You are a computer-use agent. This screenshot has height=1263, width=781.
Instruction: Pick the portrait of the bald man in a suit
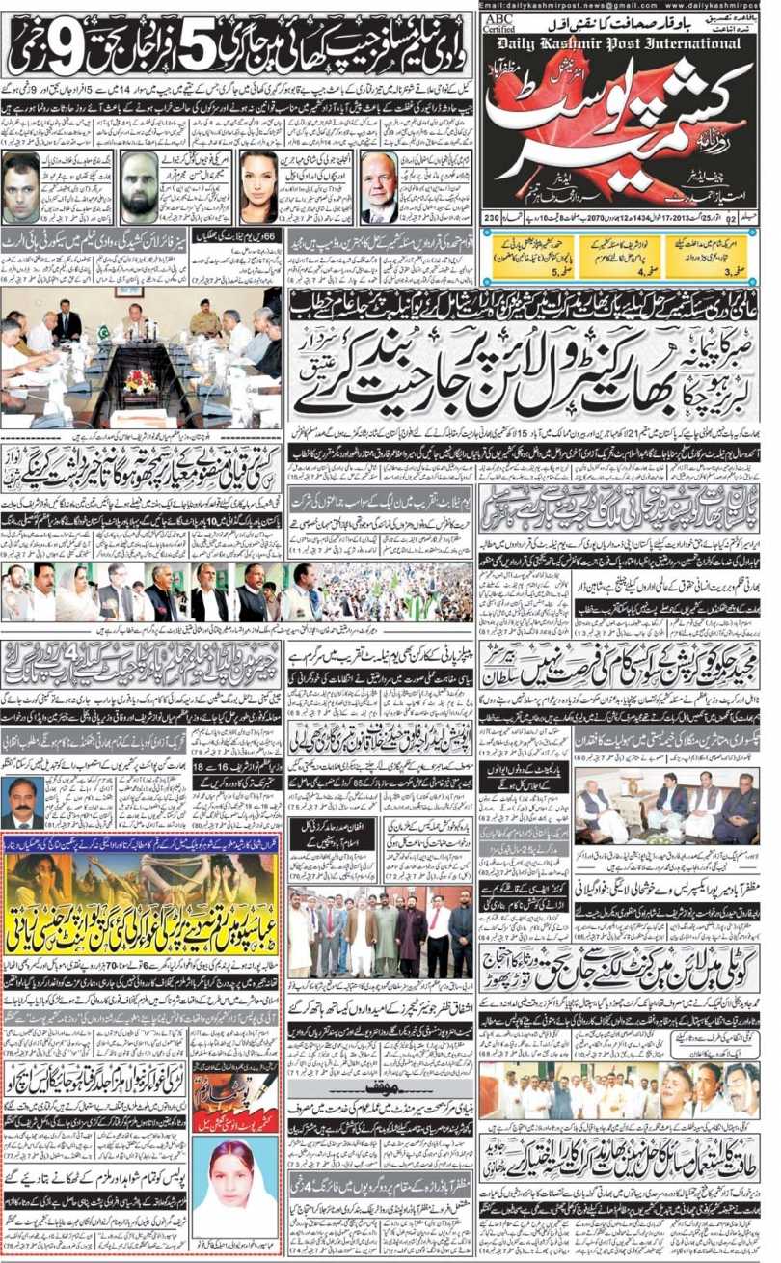[381, 187]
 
